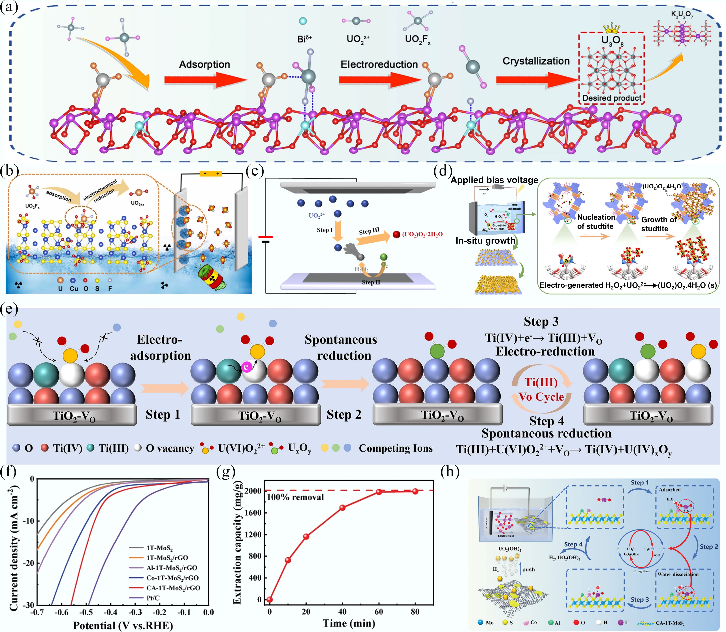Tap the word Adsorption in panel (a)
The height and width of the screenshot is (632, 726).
pyautogui.click(x=204, y=64)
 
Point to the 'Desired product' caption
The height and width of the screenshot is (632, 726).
pyautogui.click(x=612, y=98)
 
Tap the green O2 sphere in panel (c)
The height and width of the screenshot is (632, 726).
pyautogui.click(x=384, y=257)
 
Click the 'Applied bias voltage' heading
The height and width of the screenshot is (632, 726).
pyautogui.click(x=494, y=180)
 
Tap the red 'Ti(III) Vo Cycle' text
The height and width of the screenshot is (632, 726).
pyautogui.click(x=541, y=390)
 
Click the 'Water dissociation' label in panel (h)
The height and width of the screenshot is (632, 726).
pyautogui.click(x=678, y=574)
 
